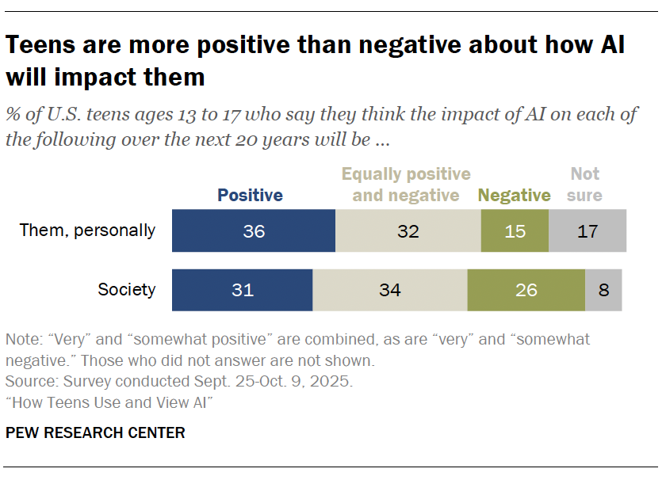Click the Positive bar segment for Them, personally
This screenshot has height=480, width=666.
click(254, 231)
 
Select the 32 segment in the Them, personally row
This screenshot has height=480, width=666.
click(408, 231)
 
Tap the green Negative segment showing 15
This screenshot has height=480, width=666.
click(515, 231)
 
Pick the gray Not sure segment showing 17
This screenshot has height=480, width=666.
click(587, 231)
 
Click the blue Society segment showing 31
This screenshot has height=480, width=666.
click(243, 289)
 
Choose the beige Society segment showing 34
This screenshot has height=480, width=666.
click(389, 289)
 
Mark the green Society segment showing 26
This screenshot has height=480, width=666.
click(526, 289)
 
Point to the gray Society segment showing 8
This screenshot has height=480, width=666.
click(603, 289)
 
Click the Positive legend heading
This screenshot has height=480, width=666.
click(250, 196)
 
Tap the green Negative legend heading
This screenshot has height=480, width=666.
click(514, 196)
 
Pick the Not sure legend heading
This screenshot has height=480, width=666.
click(585, 185)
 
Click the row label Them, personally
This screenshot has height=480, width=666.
click(87, 231)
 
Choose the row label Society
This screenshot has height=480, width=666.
click(126, 289)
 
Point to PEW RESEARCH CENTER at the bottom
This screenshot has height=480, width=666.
click(95, 432)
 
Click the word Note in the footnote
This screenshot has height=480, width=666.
click(22, 340)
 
